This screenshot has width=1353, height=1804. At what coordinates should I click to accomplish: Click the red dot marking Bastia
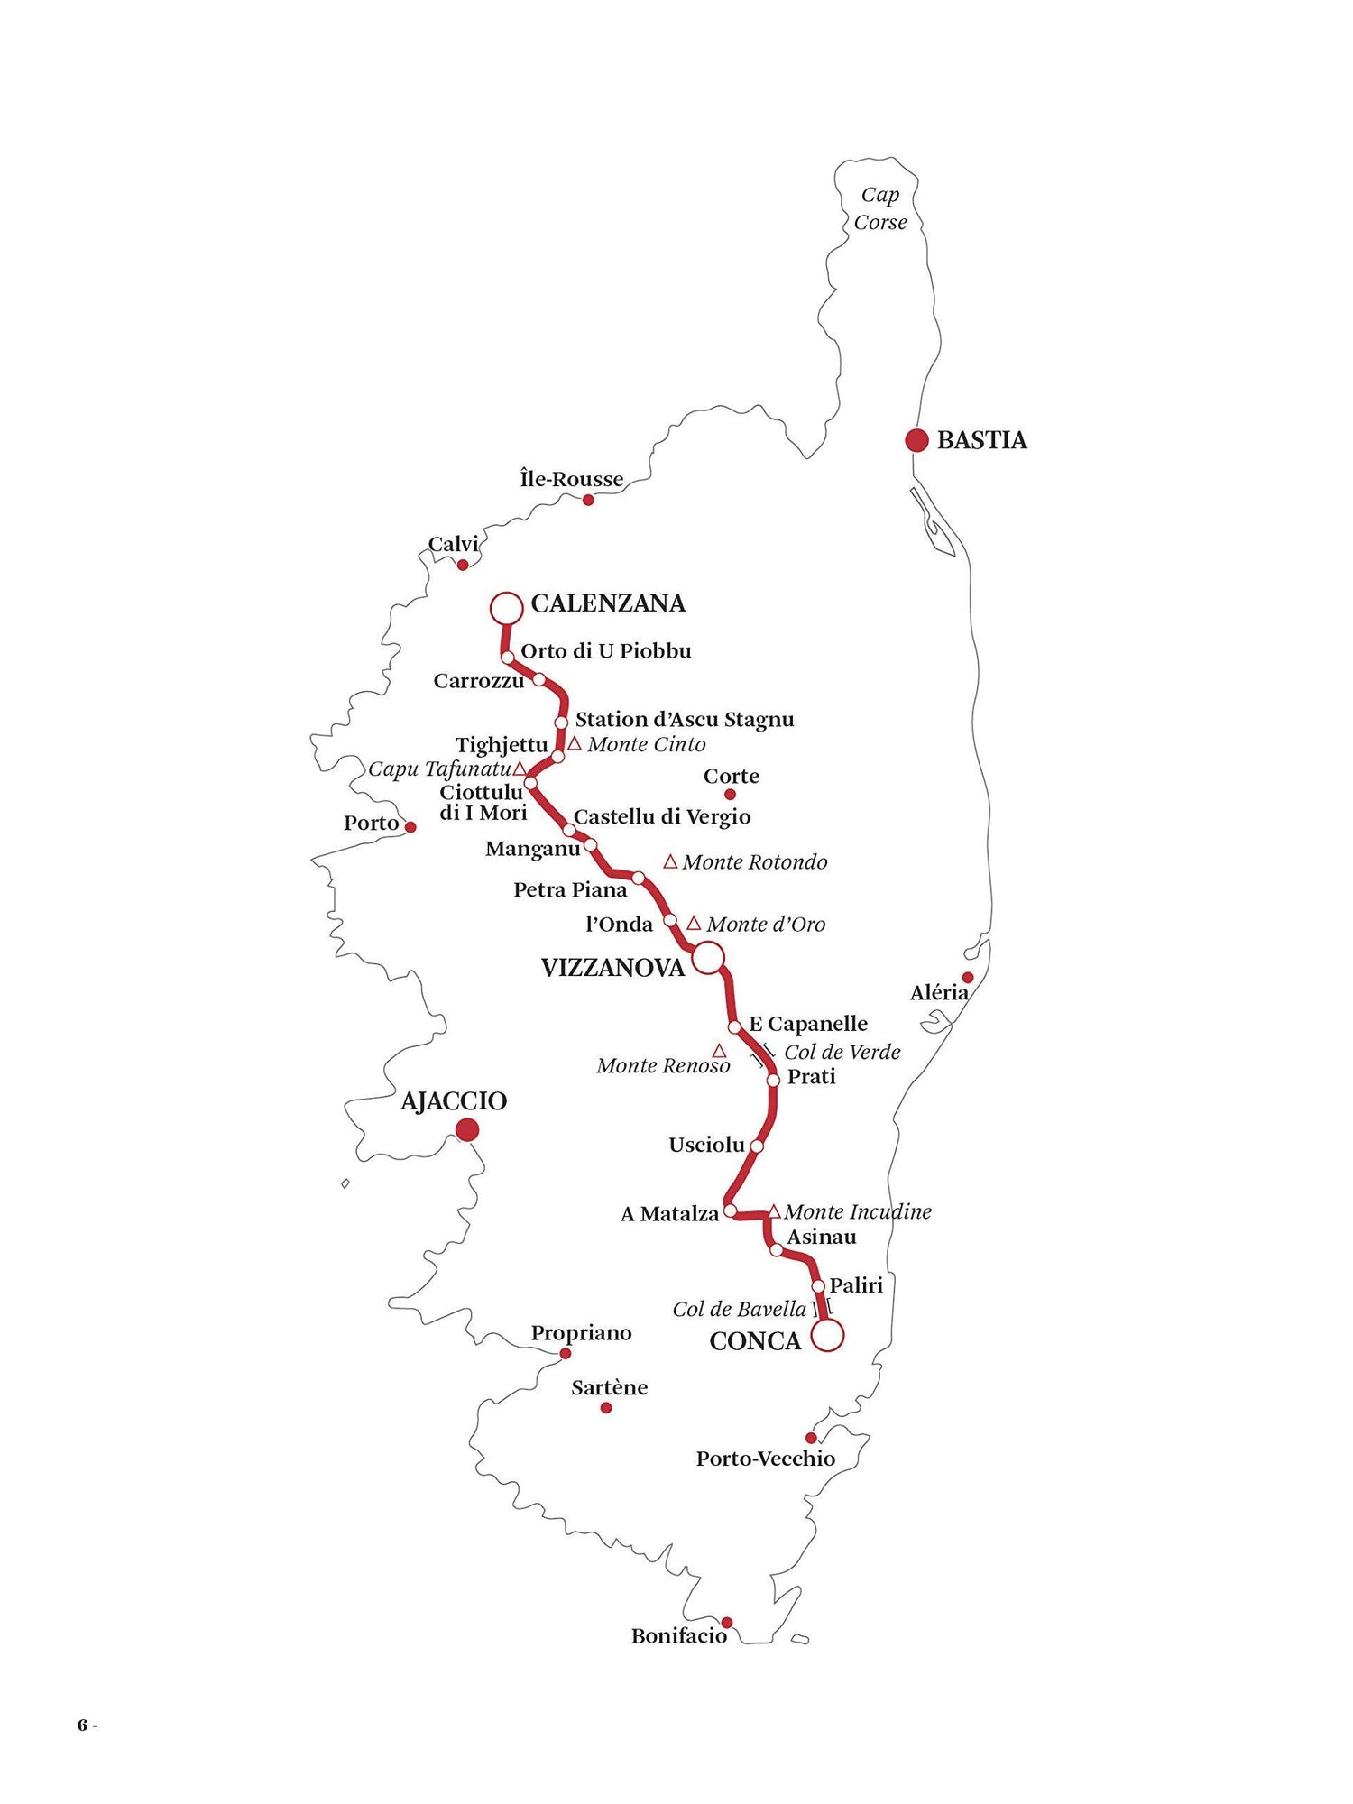tap(916, 440)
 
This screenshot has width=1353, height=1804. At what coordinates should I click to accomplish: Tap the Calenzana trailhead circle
tap(506, 608)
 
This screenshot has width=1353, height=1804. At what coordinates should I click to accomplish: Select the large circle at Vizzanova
tap(708, 957)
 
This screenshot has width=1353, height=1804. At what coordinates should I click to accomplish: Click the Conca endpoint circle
tap(827, 1335)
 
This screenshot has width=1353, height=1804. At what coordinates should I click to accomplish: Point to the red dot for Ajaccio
tap(467, 1129)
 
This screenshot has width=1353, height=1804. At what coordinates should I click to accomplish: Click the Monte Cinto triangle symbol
tap(575, 743)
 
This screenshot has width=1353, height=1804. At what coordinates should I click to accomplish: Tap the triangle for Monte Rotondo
tap(670, 861)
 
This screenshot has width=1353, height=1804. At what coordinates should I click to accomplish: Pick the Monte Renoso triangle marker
tap(719, 1051)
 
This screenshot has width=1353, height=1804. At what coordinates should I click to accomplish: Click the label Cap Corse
tap(880, 208)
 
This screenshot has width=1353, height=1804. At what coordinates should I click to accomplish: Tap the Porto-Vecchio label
tap(765, 1459)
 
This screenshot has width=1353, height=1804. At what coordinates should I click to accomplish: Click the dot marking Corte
tap(730, 795)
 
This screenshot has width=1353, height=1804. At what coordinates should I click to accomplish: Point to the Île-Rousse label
tap(572, 479)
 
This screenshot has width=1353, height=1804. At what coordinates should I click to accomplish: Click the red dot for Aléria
tap(968, 978)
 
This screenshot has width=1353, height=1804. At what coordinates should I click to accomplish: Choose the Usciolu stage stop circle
tap(757, 1146)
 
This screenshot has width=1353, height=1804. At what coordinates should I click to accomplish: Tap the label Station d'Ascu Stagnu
tap(685, 719)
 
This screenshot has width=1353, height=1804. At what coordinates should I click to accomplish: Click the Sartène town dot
tap(606, 1407)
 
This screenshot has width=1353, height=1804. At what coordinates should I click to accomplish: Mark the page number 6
tap(82, 1726)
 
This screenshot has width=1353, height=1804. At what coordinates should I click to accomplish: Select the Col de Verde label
tap(842, 1052)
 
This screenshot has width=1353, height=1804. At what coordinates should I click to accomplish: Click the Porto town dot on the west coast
tap(410, 826)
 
